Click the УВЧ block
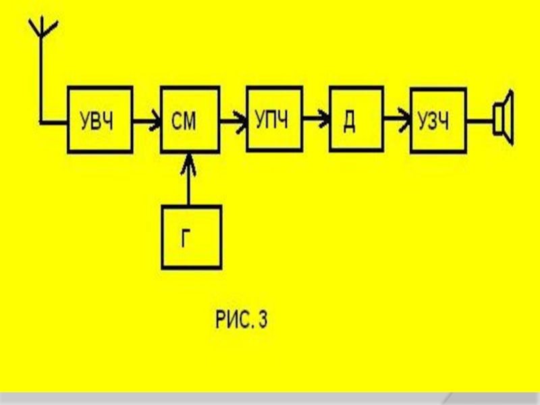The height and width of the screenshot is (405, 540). point(99,120)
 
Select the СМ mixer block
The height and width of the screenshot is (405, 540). point(190,120)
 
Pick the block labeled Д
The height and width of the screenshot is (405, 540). point(350,120)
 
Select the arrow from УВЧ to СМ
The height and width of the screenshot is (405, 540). point(145,122)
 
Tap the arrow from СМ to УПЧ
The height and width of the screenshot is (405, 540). point(233,122)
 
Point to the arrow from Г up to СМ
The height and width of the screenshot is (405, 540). point(190,179)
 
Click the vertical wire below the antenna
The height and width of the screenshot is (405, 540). point(42,81)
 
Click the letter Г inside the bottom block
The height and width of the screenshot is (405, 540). point(191,238)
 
